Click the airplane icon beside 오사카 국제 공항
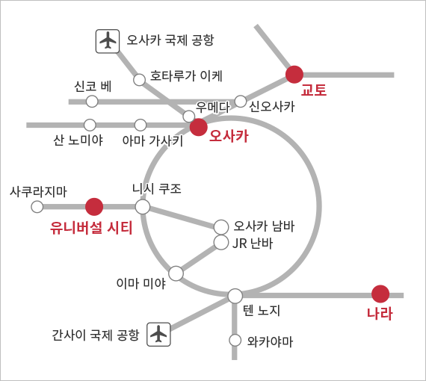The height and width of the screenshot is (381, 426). tap(108, 41)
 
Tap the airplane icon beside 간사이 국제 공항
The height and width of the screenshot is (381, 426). tap(158, 334)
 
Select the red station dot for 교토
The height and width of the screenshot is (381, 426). tap(294, 75)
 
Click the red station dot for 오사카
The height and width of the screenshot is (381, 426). tap(199, 127)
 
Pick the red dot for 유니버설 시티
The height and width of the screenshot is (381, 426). tap(94, 207)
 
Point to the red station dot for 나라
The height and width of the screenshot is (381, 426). tap(380, 294)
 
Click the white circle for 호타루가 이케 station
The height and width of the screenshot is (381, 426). tap(139, 80)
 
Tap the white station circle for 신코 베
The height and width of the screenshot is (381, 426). tap(92, 102)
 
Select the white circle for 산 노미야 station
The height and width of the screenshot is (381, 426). tap(90, 125)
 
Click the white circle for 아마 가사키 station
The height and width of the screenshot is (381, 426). tap(141, 125)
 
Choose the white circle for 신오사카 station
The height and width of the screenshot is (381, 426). tap(241, 102)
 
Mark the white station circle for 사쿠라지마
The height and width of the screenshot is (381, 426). tap(37, 207)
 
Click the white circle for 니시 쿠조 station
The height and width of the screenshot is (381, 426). tap(143, 207)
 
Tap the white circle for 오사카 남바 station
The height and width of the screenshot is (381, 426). tap(221, 227)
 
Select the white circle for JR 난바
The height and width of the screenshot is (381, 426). tap(221, 243)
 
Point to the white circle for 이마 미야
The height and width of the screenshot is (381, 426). tap(176, 273)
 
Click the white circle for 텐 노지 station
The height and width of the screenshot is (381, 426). tap(235, 296)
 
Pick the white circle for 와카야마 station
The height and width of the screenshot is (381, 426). tap(235, 340)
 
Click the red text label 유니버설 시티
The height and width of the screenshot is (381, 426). tap(91, 228)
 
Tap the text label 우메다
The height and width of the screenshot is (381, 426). tap(213, 108)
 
